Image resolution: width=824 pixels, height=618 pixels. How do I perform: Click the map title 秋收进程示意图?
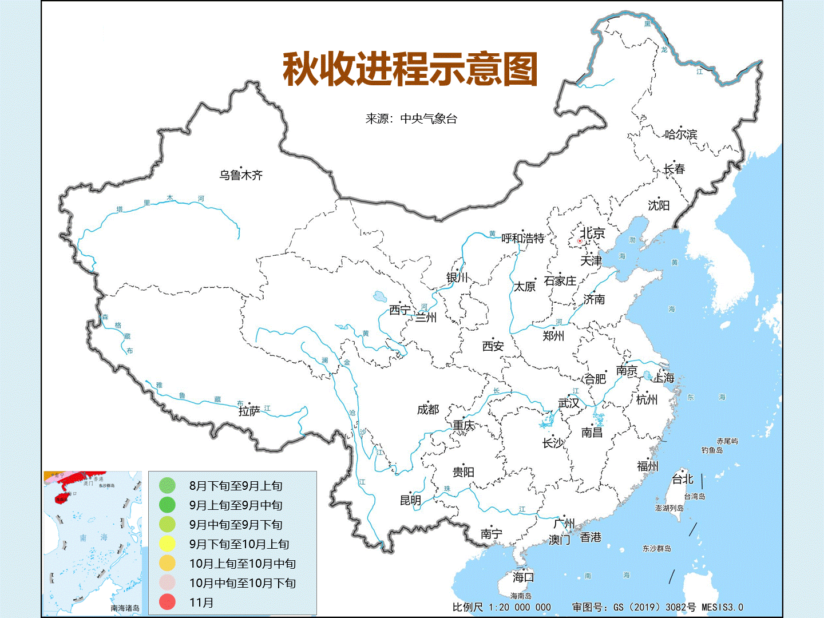pos(410,69)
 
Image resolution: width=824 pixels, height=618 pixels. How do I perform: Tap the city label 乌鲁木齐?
pos(241,175)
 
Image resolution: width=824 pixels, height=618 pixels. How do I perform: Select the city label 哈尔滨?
pos(681,134)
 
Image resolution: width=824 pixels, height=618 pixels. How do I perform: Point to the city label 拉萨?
pos(249,411)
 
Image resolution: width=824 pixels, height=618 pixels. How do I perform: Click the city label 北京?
pos(593,233)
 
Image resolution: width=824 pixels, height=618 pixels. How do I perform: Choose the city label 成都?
pos(428,409)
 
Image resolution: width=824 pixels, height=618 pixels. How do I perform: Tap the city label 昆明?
pos(410,500)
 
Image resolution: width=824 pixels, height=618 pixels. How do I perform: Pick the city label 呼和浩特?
pos(522,238)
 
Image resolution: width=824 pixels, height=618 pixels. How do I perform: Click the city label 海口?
pos(523,577)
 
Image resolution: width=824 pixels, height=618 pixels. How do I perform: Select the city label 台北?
pos(682,480)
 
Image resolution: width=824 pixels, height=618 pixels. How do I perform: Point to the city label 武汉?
pos(569,403)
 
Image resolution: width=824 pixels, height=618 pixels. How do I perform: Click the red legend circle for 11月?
pos(167,602)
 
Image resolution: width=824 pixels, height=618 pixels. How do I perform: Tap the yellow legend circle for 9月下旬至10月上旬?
pos(167,544)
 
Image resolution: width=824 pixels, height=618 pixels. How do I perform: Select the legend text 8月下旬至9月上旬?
pos(236,486)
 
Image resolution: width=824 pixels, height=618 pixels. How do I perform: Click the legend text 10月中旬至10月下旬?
pos(243,583)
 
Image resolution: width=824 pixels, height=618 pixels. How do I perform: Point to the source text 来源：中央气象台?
pos(411,118)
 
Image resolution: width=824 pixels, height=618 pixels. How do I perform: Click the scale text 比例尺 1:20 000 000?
pos(501,607)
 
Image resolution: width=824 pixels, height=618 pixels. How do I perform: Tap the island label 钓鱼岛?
pos(712,450)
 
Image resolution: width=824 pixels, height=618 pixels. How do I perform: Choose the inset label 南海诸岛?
pos(125,608)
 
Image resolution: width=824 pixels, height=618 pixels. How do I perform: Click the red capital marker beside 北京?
pos(580,241)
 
